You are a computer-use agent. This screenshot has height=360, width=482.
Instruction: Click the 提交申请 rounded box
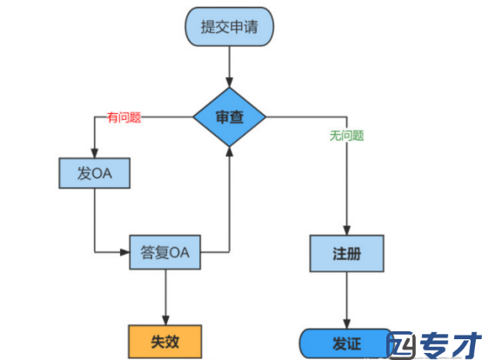click(229, 27)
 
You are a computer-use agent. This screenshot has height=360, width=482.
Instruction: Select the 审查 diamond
click(230, 117)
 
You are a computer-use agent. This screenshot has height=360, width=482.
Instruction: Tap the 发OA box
click(94, 173)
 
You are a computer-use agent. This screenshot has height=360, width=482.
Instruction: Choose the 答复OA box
click(165, 252)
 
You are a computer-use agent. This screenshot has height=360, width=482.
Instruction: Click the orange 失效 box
click(165, 342)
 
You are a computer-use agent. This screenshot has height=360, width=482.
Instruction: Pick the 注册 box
click(347, 253)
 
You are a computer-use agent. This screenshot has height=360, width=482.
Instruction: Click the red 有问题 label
click(124, 117)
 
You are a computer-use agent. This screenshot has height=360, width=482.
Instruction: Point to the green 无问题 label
click(347, 136)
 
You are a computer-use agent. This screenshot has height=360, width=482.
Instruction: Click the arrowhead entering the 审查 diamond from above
click(230, 83)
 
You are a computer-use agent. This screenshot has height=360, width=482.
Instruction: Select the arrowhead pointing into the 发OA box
click(94, 153)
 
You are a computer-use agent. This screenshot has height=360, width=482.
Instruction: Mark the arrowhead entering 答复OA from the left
click(124, 252)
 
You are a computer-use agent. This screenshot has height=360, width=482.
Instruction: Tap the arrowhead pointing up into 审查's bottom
click(230, 151)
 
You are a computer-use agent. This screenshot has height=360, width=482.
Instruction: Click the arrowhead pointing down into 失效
click(165, 320)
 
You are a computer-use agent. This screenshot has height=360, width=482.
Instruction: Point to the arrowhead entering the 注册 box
click(347, 230)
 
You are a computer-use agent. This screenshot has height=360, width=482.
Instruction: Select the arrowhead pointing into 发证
click(347, 323)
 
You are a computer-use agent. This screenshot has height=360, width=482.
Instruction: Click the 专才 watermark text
click(451, 344)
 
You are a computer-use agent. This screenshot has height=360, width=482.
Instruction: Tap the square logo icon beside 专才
click(401, 344)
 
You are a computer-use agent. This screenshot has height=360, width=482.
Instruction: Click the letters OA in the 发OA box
click(102, 174)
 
